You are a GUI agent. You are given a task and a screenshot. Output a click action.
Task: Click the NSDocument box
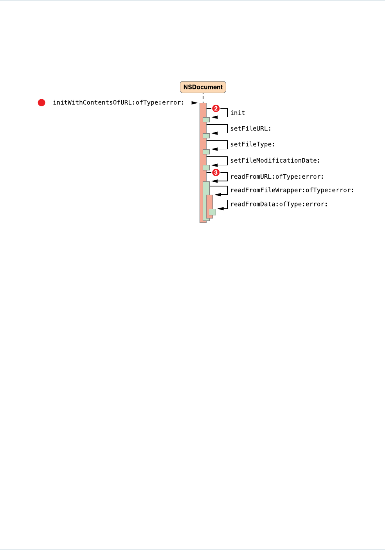point(203,87)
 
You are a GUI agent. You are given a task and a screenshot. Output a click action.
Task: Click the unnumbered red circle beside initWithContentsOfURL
point(41,103)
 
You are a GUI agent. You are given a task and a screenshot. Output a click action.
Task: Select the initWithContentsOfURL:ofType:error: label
point(118,103)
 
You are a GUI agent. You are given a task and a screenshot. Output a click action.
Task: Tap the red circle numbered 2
point(216,108)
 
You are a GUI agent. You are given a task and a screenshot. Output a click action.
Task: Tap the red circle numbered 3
point(216,172)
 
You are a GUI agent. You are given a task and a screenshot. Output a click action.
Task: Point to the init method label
point(237,113)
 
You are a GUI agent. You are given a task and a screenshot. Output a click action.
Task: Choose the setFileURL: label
point(250,129)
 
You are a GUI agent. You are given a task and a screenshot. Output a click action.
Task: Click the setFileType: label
point(252,145)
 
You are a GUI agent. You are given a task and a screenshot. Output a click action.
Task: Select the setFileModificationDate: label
point(275,161)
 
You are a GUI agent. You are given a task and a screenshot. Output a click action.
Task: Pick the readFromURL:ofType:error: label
point(277,177)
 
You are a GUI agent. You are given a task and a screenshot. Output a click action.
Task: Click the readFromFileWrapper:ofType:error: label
point(292,190)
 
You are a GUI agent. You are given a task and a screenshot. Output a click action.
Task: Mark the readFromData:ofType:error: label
point(279,204)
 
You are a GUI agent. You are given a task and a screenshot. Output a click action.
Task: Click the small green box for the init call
point(206,120)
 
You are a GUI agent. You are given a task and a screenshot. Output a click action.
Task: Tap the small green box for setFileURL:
point(206,136)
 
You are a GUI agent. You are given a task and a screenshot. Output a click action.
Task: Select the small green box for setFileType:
point(206,152)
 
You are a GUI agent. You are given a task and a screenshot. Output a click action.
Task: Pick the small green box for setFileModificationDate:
point(206,168)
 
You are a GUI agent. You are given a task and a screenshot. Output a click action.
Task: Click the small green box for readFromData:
point(212,212)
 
